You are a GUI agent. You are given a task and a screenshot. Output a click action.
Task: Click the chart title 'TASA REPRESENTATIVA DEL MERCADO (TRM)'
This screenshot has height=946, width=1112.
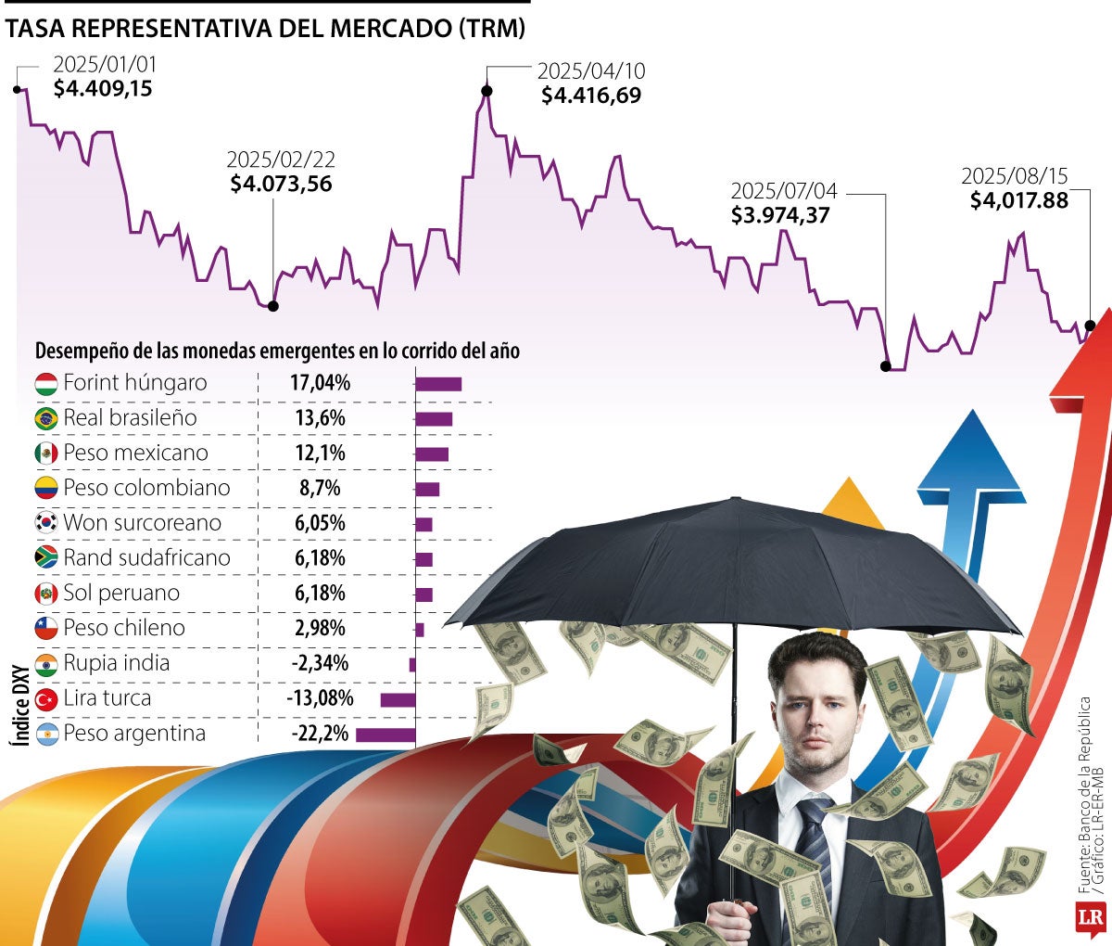point(265,29)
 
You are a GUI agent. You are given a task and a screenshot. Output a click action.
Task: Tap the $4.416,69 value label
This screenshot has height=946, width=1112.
point(591,95)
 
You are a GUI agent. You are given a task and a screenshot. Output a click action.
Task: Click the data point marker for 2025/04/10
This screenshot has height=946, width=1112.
point(486,91)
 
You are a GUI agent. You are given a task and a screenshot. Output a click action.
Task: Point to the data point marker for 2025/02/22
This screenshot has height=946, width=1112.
point(272,306)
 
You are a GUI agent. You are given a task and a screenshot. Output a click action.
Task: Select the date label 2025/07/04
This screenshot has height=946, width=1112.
point(784,191)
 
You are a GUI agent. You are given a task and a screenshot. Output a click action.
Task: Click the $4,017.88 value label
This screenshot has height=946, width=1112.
point(1019,200)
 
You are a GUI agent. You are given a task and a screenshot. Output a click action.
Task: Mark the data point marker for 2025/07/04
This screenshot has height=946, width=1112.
point(885,366)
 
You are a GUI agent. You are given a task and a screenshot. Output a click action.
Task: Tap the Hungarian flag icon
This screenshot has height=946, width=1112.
point(46,383)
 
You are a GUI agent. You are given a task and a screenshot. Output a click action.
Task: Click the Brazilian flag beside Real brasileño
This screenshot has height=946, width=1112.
point(46,418)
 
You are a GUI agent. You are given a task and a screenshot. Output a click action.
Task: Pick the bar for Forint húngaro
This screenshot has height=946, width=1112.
point(438,384)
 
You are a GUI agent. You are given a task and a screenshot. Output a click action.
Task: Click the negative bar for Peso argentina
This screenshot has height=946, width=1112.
point(385,735)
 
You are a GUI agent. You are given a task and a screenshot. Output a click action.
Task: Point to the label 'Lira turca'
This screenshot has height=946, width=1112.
point(107,698)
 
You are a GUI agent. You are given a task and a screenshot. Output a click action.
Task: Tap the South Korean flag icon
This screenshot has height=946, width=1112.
point(46,523)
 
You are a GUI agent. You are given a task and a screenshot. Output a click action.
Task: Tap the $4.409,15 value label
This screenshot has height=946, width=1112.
point(103,89)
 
